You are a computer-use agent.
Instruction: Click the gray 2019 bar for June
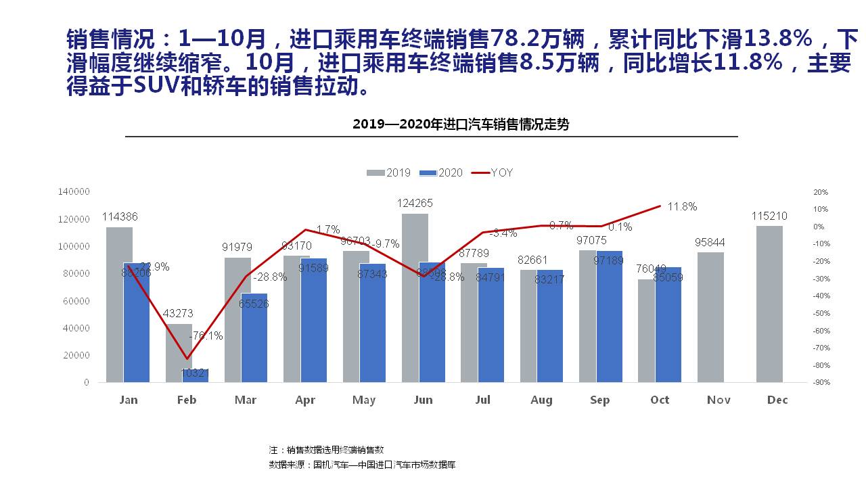click(x=415, y=298)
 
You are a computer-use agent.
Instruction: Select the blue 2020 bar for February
click(x=196, y=375)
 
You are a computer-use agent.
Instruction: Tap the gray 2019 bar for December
click(x=769, y=304)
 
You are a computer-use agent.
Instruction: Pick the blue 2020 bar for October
click(x=668, y=325)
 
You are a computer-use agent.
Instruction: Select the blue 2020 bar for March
click(x=254, y=338)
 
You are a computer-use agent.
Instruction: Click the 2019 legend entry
click(x=389, y=172)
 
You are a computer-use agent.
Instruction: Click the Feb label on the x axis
click(x=187, y=400)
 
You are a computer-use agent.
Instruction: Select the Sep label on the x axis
click(x=600, y=400)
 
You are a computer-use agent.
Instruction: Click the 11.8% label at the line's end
click(x=681, y=207)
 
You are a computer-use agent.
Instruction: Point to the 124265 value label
click(x=415, y=203)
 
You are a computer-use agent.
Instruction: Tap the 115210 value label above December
click(x=769, y=216)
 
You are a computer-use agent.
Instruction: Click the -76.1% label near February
click(x=207, y=335)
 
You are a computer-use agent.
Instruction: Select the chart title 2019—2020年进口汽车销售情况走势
click(x=461, y=124)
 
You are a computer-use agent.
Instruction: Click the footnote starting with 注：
click(x=326, y=450)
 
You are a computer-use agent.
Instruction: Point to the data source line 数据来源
click(x=362, y=465)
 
